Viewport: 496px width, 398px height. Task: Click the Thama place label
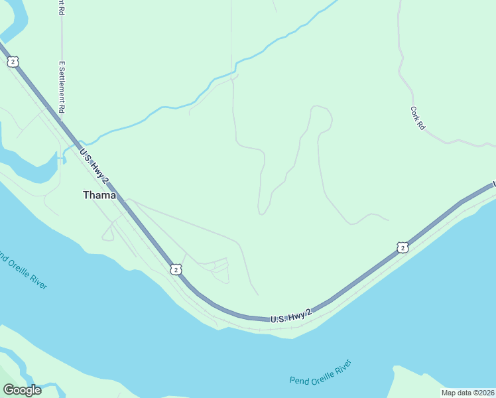(x=99, y=195)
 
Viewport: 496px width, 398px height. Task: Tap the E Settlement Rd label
(x=62, y=86)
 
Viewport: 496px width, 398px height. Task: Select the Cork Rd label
(x=417, y=118)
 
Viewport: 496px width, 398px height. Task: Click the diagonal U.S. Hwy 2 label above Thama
(x=94, y=164)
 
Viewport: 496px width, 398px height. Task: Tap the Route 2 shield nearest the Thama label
(x=175, y=269)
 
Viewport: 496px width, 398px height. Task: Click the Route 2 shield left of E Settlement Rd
(x=13, y=62)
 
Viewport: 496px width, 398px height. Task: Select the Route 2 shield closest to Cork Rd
(x=402, y=247)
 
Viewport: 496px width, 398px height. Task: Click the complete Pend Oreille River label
(x=320, y=372)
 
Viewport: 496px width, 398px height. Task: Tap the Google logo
(x=22, y=390)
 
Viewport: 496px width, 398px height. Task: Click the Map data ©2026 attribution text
(x=468, y=393)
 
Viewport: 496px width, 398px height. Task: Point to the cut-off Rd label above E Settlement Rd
(x=61, y=8)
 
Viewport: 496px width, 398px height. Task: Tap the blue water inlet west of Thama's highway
(x=33, y=169)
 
